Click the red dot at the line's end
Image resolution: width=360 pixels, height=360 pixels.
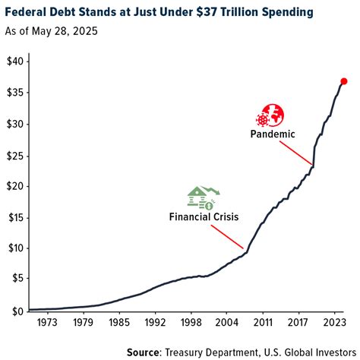pyautogui.click(x=343, y=81)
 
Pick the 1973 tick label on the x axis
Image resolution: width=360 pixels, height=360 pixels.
pyautogui.click(x=47, y=322)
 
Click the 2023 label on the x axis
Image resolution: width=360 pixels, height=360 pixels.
pyautogui.click(x=333, y=322)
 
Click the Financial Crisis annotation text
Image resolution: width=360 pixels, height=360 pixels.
pyautogui.click(x=204, y=216)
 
